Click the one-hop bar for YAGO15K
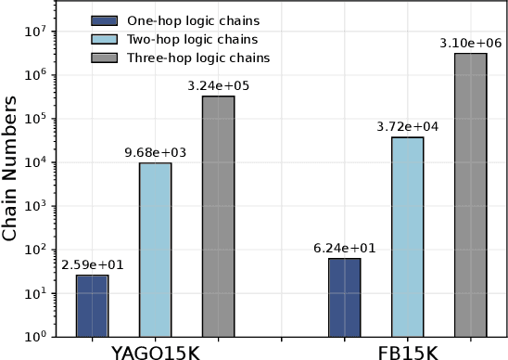click(x=92, y=305)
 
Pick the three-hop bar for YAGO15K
click(x=218, y=215)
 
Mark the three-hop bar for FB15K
click(x=471, y=194)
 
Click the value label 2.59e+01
click(x=92, y=264)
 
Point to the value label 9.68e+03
click(x=155, y=152)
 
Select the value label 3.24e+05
click(x=218, y=85)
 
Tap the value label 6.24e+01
click(x=345, y=248)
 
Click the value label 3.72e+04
click(x=408, y=126)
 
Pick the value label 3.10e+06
click(x=471, y=43)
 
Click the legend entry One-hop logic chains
click(x=181, y=20)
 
